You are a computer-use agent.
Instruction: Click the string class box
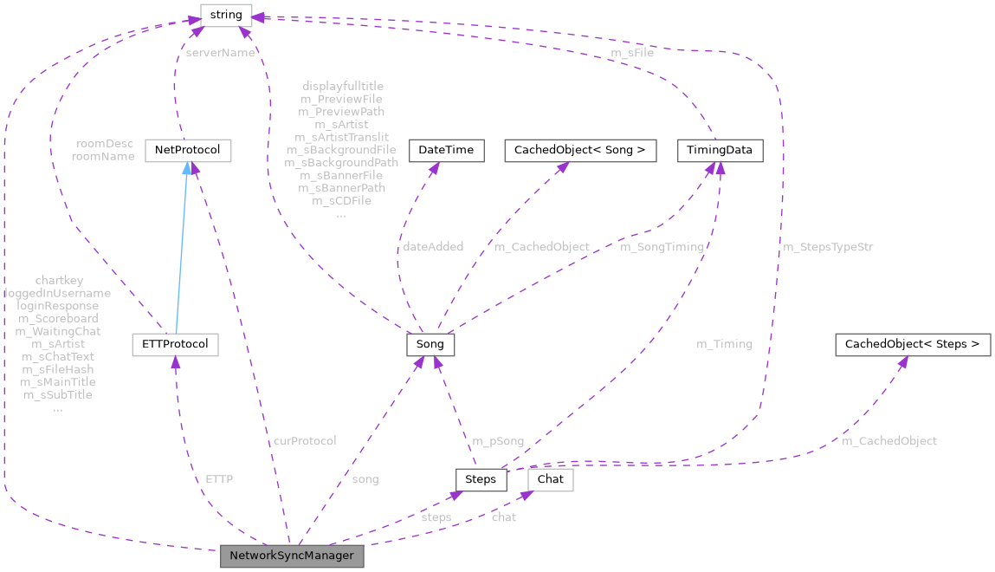226,15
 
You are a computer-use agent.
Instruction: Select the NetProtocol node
188,150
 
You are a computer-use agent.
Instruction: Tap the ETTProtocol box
175,344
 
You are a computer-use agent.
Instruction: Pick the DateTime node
446,150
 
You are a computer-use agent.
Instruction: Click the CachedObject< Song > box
580,150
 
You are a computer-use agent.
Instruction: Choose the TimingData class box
720,150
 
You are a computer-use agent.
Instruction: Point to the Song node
430,344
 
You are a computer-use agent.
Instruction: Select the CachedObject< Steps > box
912,344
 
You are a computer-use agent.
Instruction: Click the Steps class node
481,479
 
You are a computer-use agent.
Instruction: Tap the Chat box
551,479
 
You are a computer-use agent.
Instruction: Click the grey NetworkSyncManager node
292,556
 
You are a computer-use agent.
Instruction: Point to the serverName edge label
220,53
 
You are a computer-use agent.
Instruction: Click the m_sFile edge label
632,53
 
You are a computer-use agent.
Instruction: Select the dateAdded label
433,247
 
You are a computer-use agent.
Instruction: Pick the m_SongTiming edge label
662,247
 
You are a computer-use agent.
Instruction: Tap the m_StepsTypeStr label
828,247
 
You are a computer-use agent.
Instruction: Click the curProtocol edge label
304,441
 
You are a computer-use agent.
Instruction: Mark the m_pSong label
498,441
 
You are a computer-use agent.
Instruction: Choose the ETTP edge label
219,479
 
